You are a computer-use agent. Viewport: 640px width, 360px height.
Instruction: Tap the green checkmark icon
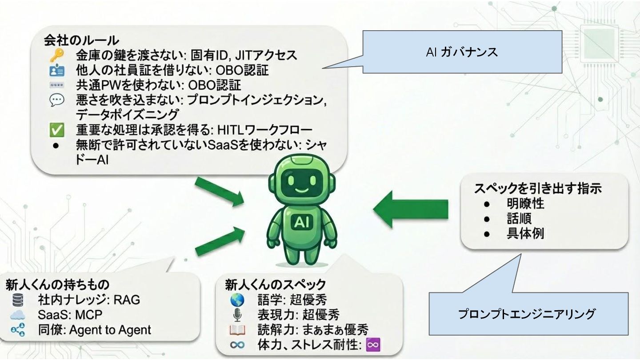coord(56,131)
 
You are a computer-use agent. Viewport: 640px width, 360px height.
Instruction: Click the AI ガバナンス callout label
coord(462,52)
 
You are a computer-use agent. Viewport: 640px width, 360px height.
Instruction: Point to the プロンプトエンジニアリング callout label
coord(527,314)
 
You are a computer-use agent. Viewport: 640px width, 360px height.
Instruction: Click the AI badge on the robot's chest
coord(302,221)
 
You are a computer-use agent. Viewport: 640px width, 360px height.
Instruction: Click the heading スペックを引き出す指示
coord(537,188)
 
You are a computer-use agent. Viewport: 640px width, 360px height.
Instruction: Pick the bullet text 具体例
coord(525,234)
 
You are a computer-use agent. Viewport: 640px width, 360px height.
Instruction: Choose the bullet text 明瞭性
coord(525,204)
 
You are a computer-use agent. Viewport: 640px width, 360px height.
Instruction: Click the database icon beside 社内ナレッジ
coord(18,300)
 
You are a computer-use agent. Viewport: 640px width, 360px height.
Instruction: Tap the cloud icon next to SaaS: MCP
coord(18,315)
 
